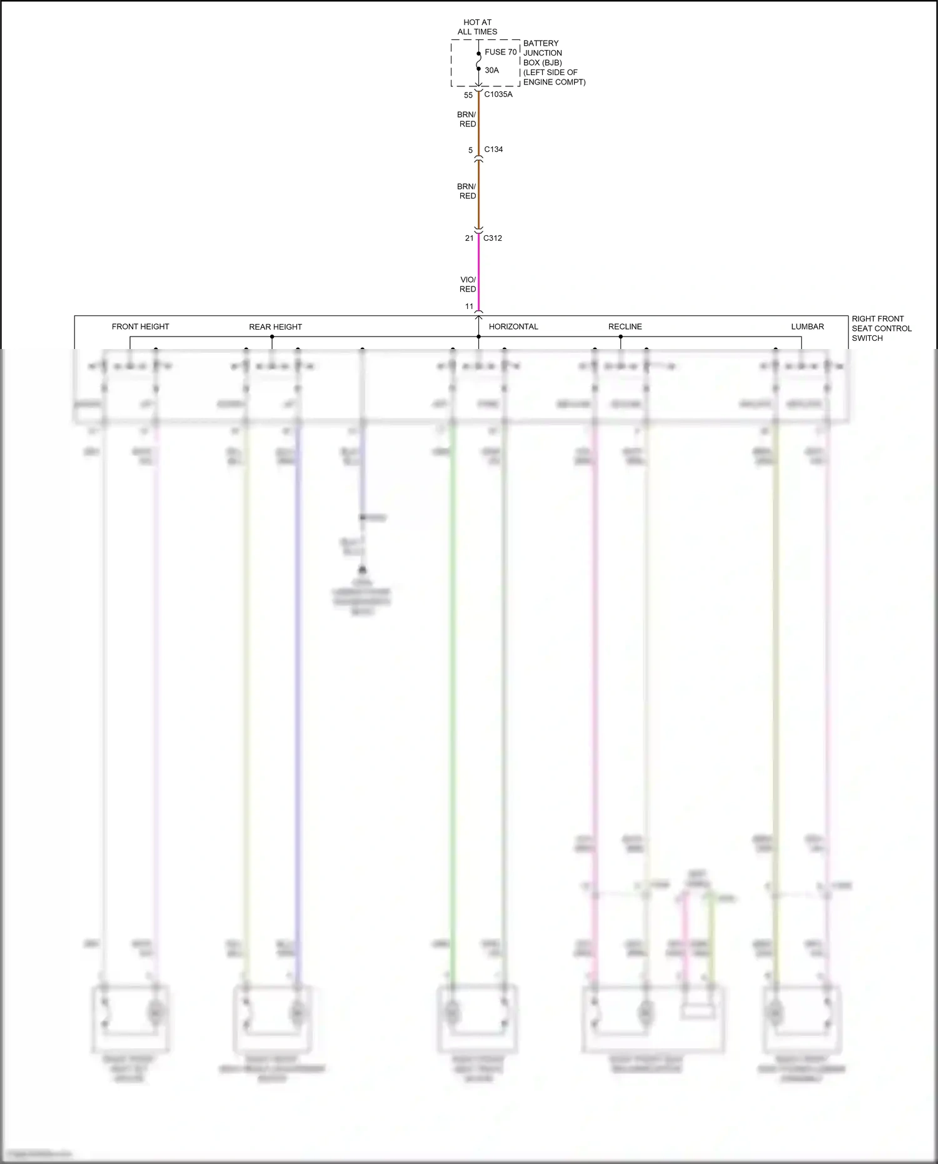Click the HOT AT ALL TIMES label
click(477, 27)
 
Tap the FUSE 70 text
click(500, 52)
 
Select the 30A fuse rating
click(492, 70)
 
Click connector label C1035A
click(498, 94)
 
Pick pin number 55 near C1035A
click(468, 95)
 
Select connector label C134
click(493, 149)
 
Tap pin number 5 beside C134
click(470, 150)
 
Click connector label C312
click(492, 238)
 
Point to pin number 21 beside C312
click(469, 238)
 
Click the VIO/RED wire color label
click(468, 285)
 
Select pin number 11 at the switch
click(469, 306)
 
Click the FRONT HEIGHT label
click(140, 326)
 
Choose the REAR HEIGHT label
click(275, 327)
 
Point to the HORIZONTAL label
click(513, 326)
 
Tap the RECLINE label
click(625, 326)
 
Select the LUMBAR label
click(807, 326)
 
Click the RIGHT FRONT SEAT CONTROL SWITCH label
click(881, 328)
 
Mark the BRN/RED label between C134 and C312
click(466, 191)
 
